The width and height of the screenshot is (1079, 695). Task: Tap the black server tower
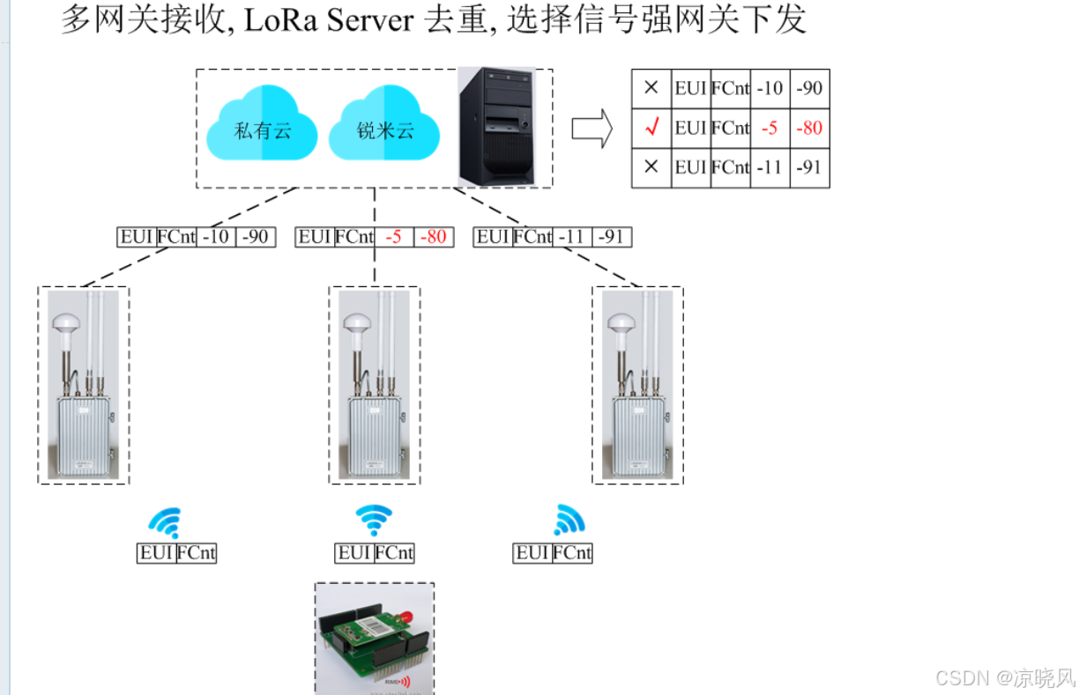(x=496, y=127)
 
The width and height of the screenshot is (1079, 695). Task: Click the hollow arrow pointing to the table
(x=592, y=128)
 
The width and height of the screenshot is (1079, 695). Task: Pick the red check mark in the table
(x=651, y=128)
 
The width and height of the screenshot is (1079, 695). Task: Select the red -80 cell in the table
(x=808, y=128)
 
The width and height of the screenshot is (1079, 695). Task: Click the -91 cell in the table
(x=808, y=167)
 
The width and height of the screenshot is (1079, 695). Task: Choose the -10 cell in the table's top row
(x=770, y=88)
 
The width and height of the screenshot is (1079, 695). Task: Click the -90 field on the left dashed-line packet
(x=256, y=237)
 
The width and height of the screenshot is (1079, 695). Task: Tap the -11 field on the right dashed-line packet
(x=573, y=237)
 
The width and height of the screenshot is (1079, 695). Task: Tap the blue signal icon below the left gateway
(x=167, y=521)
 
